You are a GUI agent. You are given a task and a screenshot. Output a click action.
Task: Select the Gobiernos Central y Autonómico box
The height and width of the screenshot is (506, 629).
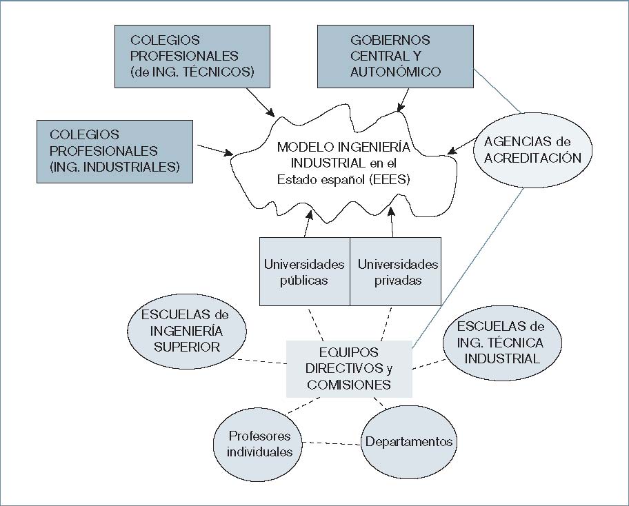(x=395, y=56)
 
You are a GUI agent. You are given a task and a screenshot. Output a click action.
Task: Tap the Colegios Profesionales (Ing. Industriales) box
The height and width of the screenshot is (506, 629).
(x=114, y=151)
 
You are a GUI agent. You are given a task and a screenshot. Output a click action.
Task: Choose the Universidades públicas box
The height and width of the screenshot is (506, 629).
(x=304, y=272)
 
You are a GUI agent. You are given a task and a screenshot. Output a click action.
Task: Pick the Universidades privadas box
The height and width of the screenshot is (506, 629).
(x=396, y=272)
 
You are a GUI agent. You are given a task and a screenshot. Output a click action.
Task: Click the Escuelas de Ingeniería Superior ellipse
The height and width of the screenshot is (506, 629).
(x=187, y=331)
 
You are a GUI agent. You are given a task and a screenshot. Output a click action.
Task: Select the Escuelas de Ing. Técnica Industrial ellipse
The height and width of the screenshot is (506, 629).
(x=501, y=343)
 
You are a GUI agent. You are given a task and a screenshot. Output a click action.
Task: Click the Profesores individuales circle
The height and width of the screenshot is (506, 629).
(x=261, y=443)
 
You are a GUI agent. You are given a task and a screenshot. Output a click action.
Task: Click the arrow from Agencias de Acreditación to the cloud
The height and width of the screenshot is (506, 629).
(x=463, y=146)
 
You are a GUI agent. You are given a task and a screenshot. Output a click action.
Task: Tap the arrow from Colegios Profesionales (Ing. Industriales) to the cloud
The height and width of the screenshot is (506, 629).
(x=216, y=150)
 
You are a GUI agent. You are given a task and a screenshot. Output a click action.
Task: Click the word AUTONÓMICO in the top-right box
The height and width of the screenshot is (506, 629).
(x=395, y=72)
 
